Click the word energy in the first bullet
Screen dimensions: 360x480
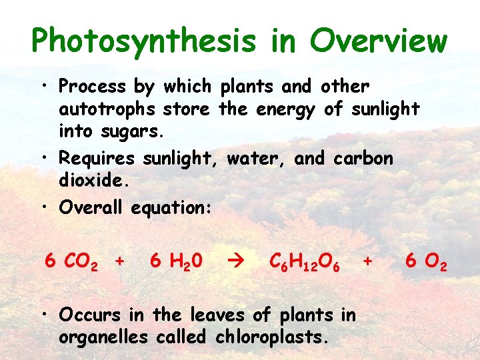(285, 108)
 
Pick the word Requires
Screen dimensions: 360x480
(97, 159)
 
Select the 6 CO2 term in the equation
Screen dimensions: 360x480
(71, 261)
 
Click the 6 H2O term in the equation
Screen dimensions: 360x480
(177, 261)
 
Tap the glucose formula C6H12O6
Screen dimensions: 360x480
(306, 261)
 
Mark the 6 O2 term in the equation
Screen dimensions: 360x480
(426, 261)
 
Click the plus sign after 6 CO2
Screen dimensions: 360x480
(119, 261)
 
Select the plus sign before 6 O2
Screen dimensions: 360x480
(367, 261)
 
